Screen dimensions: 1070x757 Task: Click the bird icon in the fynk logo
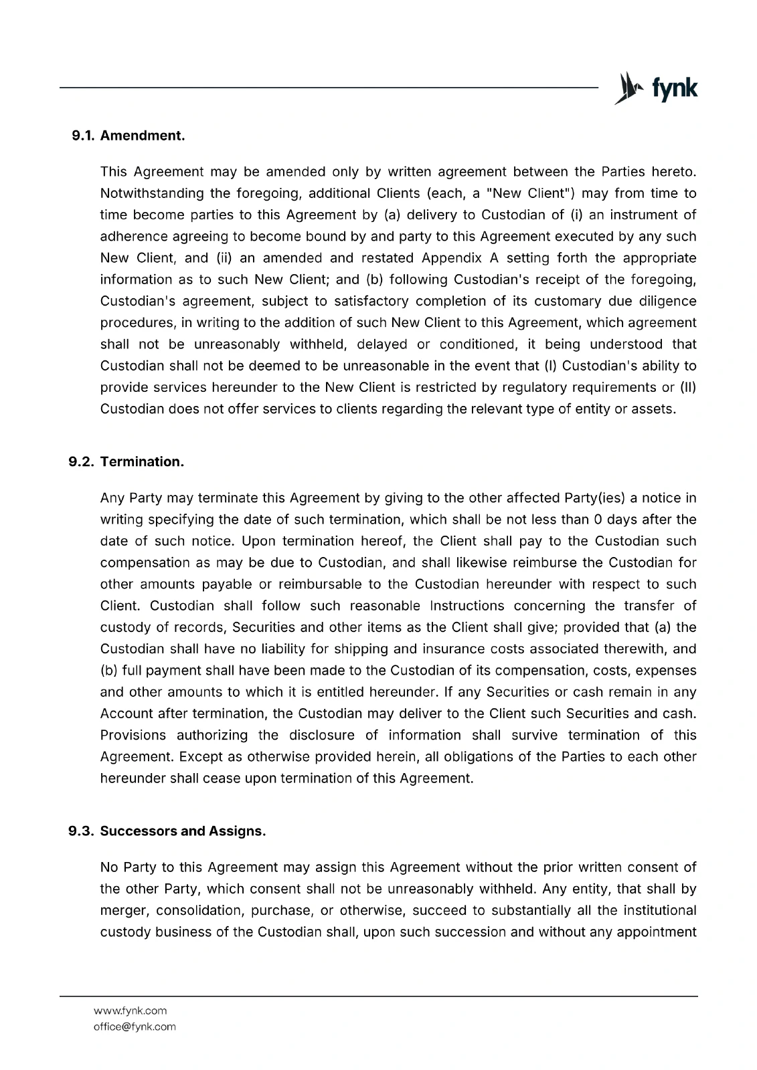(x=625, y=88)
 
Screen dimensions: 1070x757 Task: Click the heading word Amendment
(x=142, y=136)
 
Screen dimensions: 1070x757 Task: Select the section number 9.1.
(x=84, y=136)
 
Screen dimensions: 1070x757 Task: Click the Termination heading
(x=142, y=462)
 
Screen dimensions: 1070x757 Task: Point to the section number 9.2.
(x=82, y=462)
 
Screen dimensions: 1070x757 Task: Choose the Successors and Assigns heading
(x=183, y=831)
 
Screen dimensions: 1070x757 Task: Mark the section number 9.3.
(x=82, y=831)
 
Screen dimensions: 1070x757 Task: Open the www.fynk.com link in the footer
(x=131, y=1010)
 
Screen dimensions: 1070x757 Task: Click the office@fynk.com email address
(x=135, y=1027)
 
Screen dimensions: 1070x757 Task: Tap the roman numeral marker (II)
(x=687, y=387)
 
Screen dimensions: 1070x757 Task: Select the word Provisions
(x=133, y=735)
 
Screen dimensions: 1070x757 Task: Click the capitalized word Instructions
(x=467, y=606)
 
